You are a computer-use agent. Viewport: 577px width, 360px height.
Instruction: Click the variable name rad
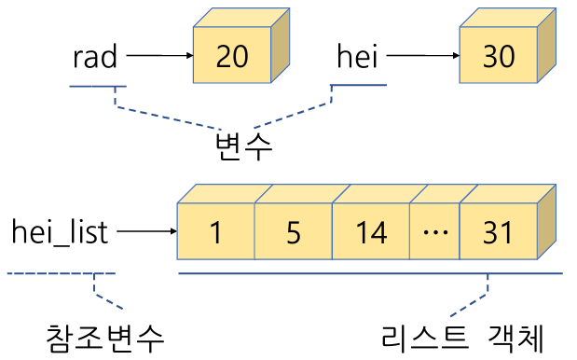95,57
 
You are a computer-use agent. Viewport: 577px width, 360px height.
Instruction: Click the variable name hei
358,57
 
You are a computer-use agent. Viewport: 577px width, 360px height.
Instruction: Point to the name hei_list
61,231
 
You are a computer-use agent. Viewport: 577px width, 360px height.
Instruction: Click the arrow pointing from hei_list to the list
145,231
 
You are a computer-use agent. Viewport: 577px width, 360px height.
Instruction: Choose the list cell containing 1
215,232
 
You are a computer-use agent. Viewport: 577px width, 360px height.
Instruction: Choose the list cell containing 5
294,232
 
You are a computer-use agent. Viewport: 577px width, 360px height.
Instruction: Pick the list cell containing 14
371,232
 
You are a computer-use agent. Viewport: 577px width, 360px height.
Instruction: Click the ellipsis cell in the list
434,232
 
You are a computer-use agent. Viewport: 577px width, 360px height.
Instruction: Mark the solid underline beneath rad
97,88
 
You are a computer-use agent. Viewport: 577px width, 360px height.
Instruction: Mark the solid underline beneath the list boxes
370,273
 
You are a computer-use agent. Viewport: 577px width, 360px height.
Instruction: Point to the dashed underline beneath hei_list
61,273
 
